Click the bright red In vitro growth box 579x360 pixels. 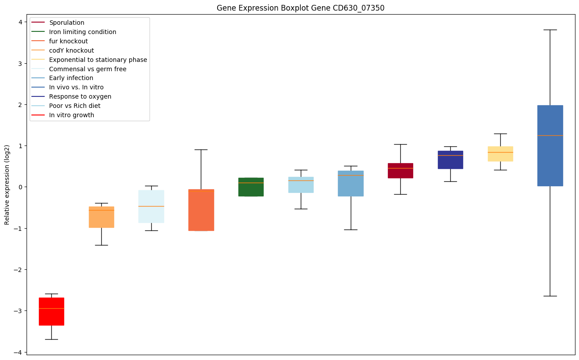(x=51, y=311)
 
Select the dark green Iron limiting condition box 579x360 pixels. (x=251, y=187)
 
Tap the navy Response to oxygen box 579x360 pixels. (x=450, y=160)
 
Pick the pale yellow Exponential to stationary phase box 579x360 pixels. (x=500, y=153)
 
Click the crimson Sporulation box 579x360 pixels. (x=400, y=170)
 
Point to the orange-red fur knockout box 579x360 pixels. (x=201, y=210)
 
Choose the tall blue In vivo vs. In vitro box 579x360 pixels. (x=550, y=146)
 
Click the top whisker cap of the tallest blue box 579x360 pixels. (x=550, y=30)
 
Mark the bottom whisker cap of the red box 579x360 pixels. (x=51, y=339)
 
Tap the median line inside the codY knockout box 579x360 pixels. (x=101, y=210)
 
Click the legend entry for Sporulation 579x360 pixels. (x=67, y=23)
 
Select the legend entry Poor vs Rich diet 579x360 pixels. (x=75, y=106)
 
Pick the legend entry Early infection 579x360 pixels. (x=71, y=78)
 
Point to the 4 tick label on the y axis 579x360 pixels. (x=20, y=22)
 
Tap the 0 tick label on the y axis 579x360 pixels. (x=20, y=187)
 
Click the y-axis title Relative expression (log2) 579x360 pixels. (x=7, y=185)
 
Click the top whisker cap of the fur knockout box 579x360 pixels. (x=201, y=149)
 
